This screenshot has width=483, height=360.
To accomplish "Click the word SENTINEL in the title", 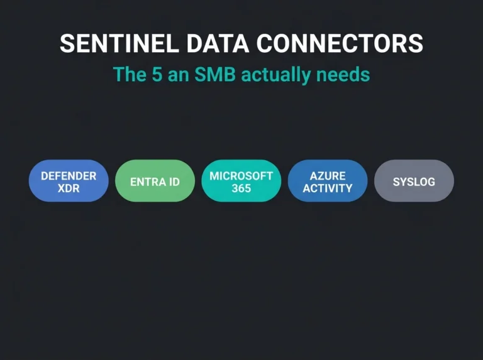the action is pos(119,43).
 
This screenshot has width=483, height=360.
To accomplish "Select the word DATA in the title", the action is pos(218,43).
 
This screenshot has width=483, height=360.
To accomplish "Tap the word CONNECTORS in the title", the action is pos(340,43).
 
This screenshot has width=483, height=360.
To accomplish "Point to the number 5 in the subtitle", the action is pos(157,75).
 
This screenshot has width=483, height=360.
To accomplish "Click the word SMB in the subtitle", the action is pos(215,75).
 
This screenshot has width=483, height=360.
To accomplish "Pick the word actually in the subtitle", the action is pos(275,75).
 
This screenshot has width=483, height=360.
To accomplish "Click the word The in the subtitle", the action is pos(130,75).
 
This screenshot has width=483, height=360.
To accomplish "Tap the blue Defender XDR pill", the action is pos(69,180).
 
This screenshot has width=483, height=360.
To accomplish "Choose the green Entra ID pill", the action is pos(155,180).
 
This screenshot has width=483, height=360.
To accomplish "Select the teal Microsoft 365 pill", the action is pos(241,180).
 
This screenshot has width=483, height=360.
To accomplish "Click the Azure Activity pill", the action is pos(328,180).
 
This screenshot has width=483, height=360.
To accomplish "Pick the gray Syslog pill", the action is pos(414,180).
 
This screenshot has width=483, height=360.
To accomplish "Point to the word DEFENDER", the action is pos(69,176).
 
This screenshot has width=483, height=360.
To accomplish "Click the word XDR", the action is pos(69,188).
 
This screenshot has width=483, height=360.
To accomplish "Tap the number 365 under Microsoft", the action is pos(241,188).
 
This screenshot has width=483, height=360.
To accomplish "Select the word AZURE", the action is pos(328,176).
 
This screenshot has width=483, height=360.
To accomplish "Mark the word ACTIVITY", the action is pos(328,188).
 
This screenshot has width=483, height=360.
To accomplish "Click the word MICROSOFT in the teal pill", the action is pos(241,176).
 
